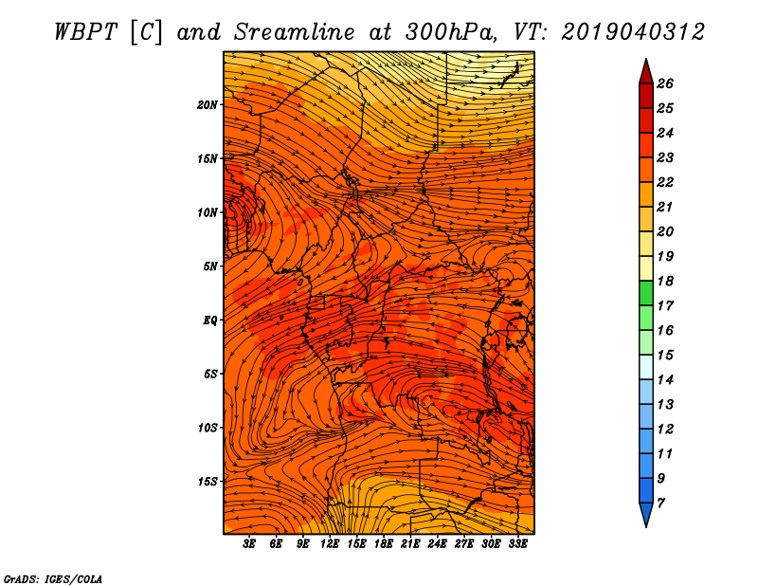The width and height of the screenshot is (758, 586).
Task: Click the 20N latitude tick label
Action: [208, 105]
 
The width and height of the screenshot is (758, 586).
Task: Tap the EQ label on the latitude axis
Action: [210, 320]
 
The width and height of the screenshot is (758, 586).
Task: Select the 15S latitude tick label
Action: [208, 482]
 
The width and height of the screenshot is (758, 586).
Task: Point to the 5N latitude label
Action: [210, 266]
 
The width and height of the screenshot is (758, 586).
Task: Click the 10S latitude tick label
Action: [208, 428]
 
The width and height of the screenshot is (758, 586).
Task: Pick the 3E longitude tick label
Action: [249, 544]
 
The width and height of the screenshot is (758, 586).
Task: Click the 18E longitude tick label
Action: [384, 544]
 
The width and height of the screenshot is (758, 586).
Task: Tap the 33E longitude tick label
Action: [517, 544]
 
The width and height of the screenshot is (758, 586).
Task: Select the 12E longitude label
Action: [330, 544]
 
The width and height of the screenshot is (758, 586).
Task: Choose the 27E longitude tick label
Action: [464, 544]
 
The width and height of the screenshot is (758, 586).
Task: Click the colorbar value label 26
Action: [665, 83]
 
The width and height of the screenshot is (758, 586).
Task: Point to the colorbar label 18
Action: [665, 281]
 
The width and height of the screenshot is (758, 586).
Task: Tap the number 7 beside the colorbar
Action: [660, 504]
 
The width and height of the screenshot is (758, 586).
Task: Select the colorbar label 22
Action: [665, 182]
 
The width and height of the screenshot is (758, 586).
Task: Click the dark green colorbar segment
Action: [646, 293]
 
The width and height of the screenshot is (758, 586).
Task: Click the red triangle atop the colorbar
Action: [646, 73]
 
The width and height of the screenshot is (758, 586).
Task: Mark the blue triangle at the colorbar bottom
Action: [646, 514]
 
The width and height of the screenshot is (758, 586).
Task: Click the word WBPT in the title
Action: [85, 32]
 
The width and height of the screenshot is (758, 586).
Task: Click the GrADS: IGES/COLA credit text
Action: [53, 578]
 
